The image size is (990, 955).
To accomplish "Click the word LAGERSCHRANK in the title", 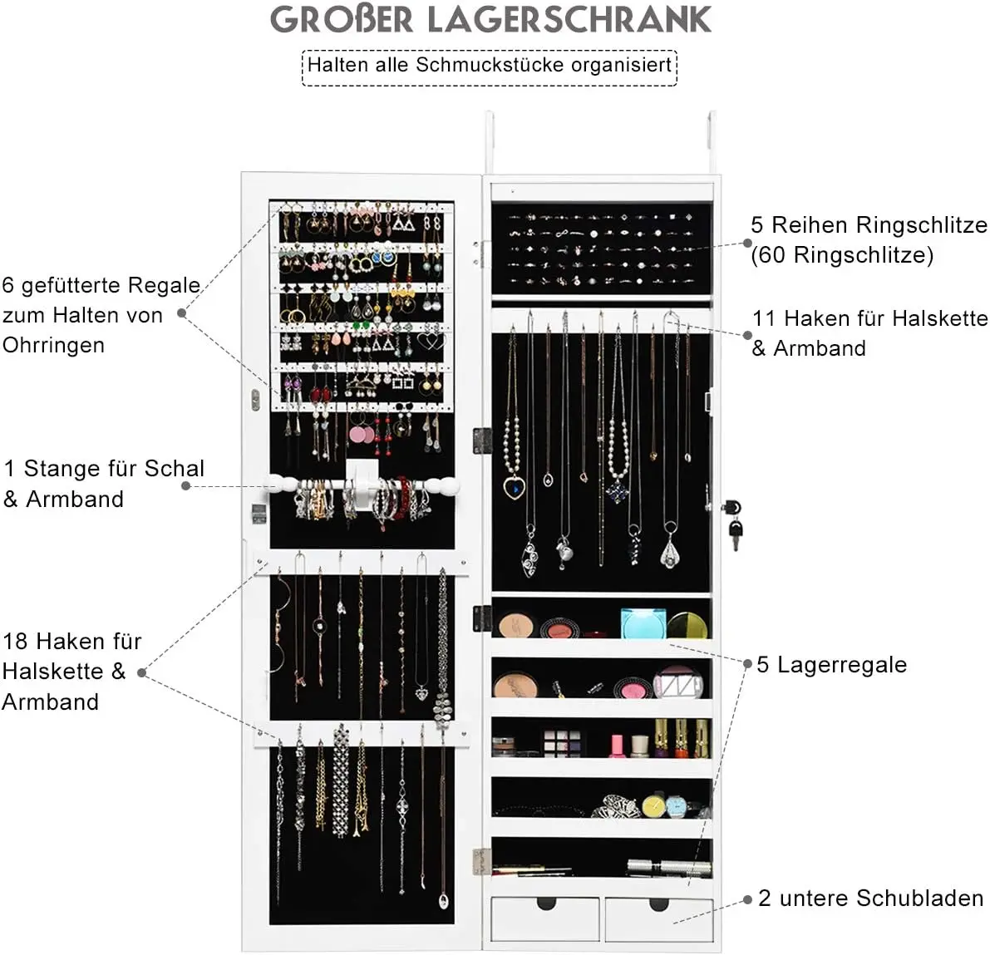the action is tap(569, 19).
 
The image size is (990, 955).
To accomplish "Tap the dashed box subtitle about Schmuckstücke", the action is tap(490, 66).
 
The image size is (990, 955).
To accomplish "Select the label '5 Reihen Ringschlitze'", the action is tap(869, 224).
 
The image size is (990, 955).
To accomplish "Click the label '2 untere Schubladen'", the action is tap(870, 898).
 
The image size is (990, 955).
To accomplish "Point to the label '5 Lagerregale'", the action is tap(831, 664).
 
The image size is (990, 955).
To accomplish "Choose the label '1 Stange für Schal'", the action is tap(104, 468).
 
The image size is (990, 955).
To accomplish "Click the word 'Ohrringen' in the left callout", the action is tap(54, 345).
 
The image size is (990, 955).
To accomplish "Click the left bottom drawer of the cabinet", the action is tap(545, 917).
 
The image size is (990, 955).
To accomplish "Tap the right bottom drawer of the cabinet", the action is tap(659, 918).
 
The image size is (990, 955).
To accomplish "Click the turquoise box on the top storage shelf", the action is tap(643, 623).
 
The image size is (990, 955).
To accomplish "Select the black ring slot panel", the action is tap(602, 248).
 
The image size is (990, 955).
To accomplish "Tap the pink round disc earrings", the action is tap(361, 434).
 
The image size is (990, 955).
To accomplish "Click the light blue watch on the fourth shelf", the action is tap(676, 806).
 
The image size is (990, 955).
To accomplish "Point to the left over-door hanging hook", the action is tap(490, 143).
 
